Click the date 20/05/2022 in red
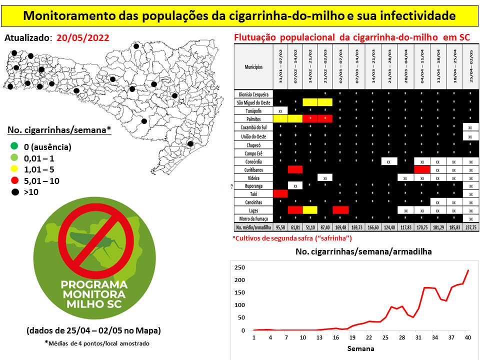tap(82, 38)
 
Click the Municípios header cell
tap(253, 66)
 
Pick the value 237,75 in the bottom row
tap(470, 227)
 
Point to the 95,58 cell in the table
tap(280, 227)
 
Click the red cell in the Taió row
tap(280, 193)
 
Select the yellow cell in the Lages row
tap(310, 210)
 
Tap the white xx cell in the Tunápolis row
tap(280, 110)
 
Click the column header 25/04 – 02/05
tap(470, 66)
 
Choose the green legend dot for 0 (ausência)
tap(13, 147)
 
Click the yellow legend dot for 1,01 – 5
tap(13, 169)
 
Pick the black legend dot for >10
tap(13, 192)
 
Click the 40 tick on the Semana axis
tap(467, 337)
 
